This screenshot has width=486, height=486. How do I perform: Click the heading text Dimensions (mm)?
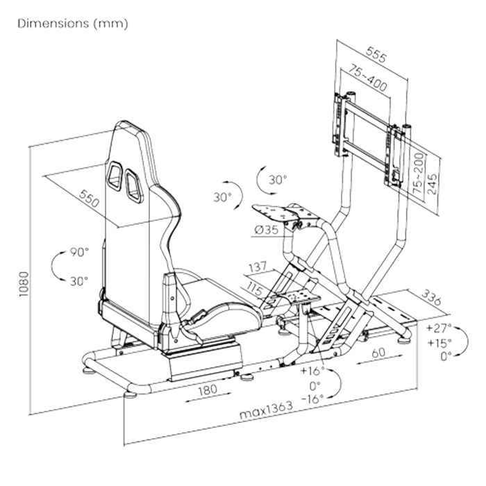pyautogui.click(x=73, y=23)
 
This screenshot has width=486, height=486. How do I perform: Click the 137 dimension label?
pyautogui.click(x=258, y=267)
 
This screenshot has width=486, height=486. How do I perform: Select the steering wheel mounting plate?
pyautogui.click(x=273, y=213)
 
